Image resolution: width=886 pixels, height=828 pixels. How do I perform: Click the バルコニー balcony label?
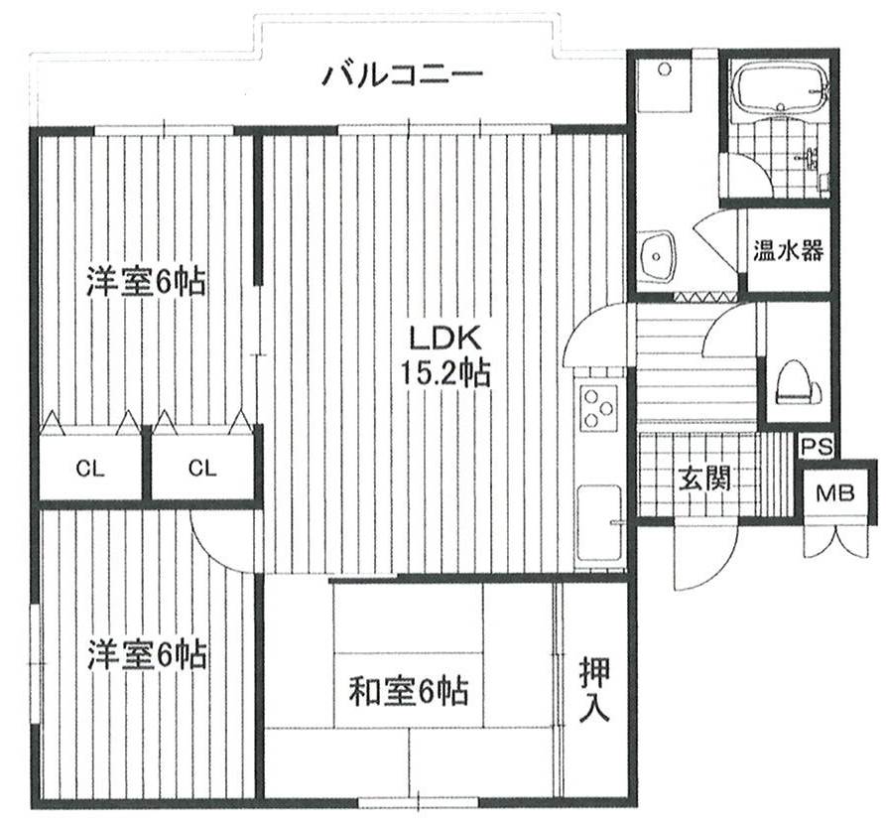(x=402, y=74)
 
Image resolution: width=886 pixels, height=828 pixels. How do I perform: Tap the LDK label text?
(x=445, y=339)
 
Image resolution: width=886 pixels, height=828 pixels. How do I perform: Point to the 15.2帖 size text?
(x=445, y=372)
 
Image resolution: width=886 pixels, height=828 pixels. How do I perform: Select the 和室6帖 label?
(x=408, y=691)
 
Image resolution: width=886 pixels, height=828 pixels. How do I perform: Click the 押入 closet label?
(x=594, y=689)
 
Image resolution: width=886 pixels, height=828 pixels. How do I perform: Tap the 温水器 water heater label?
(x=788, y=251)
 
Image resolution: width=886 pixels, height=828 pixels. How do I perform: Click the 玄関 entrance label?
(x=704, y=478)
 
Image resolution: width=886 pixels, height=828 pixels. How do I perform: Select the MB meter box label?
(x=835, y=493)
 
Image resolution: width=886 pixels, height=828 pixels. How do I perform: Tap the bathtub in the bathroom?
(x=780, y=88)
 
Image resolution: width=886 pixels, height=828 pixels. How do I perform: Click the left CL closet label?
(x=90, y=468)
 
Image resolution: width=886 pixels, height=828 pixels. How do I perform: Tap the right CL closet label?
(x=202, y=468)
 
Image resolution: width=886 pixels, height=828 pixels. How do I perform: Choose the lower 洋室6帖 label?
(x=147, y=655)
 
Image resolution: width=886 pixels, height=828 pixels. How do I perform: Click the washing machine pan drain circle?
(x=665, y=69)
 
